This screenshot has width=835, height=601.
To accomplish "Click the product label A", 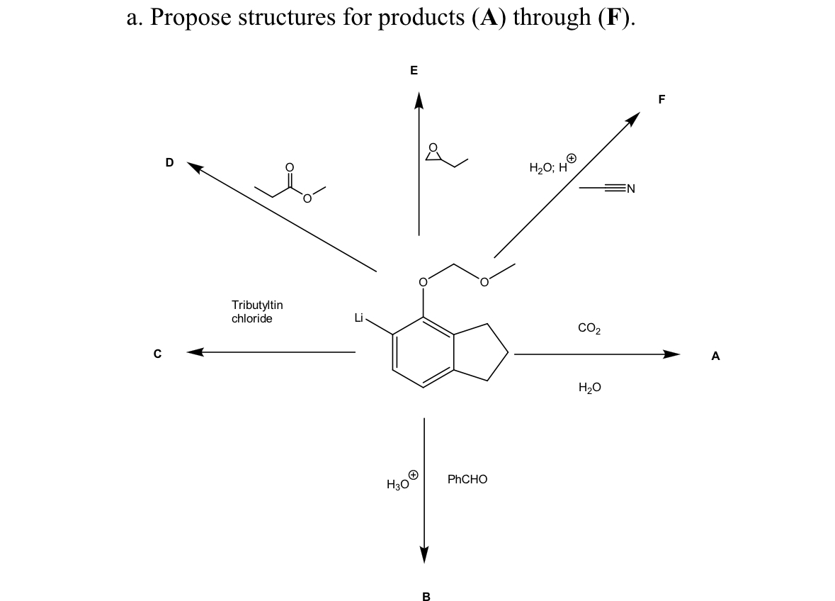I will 715,357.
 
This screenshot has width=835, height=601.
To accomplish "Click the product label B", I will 426,597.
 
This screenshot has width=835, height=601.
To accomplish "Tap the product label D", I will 169,162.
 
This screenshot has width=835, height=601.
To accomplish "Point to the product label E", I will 414,70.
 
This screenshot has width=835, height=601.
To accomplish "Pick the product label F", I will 661,100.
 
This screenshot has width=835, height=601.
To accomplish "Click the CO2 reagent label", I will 589,328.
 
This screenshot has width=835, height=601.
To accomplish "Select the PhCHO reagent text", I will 467,479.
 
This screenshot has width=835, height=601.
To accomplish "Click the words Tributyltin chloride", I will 257,311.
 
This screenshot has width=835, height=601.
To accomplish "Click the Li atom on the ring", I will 359,318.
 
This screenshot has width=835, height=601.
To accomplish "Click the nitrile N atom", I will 631,189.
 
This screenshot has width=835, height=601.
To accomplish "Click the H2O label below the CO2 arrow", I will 589,387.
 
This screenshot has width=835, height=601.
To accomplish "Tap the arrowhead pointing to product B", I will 424,554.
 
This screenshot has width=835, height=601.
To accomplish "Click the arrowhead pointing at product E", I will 419,101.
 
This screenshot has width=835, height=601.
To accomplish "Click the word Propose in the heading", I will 190,16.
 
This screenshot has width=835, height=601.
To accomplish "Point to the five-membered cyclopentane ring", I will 482,352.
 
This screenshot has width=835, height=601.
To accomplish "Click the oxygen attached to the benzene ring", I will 424,283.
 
